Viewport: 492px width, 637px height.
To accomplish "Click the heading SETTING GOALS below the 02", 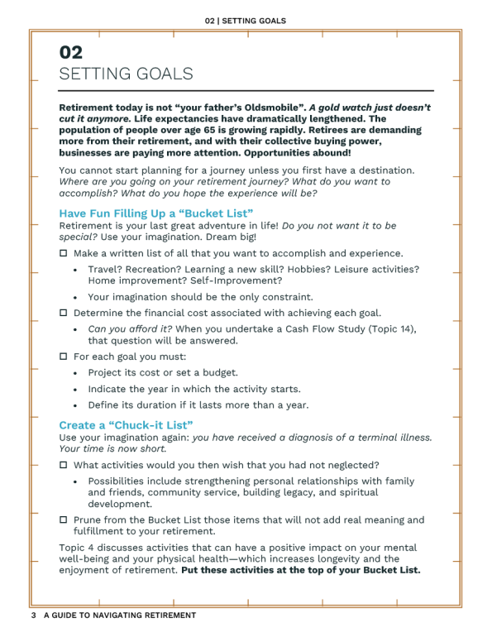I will tap(126, 74).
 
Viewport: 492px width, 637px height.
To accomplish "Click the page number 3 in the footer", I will tap(33, 615).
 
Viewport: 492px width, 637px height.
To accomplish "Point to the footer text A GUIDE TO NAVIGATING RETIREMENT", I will tap(120, 615).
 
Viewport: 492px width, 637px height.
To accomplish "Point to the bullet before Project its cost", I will tap(76, 373).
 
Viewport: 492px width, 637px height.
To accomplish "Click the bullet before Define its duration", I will tap(76, 406).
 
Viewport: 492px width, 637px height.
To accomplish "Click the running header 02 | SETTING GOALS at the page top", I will tap(246, 21).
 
